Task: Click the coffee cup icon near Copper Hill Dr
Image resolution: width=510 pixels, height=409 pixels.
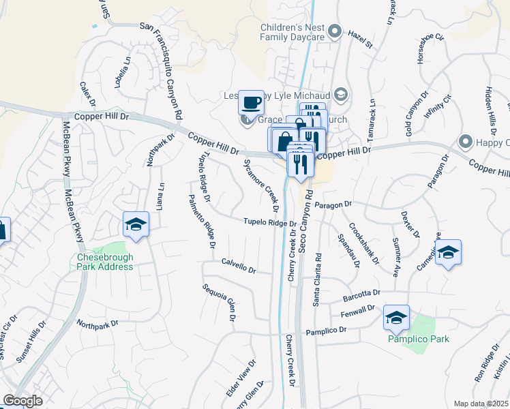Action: pyautogui.click(x=251, y=102)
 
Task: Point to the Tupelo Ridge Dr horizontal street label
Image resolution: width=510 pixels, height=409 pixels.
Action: pyautogui.click(x=270, y=222)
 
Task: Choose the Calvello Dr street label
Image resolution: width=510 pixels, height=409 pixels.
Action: pyautogui.click(x=238, y=265)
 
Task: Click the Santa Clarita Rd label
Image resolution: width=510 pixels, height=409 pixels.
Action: pyautogui.click(x=317, y=280)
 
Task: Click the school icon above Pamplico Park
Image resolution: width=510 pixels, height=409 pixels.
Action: pyautogui.click(x=395, y=317)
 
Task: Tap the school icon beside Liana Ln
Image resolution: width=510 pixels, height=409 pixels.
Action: pyautogui.click(x=136, y=224)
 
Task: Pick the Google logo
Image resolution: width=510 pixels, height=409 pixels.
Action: pyautogui.click(x=22, y=400)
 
